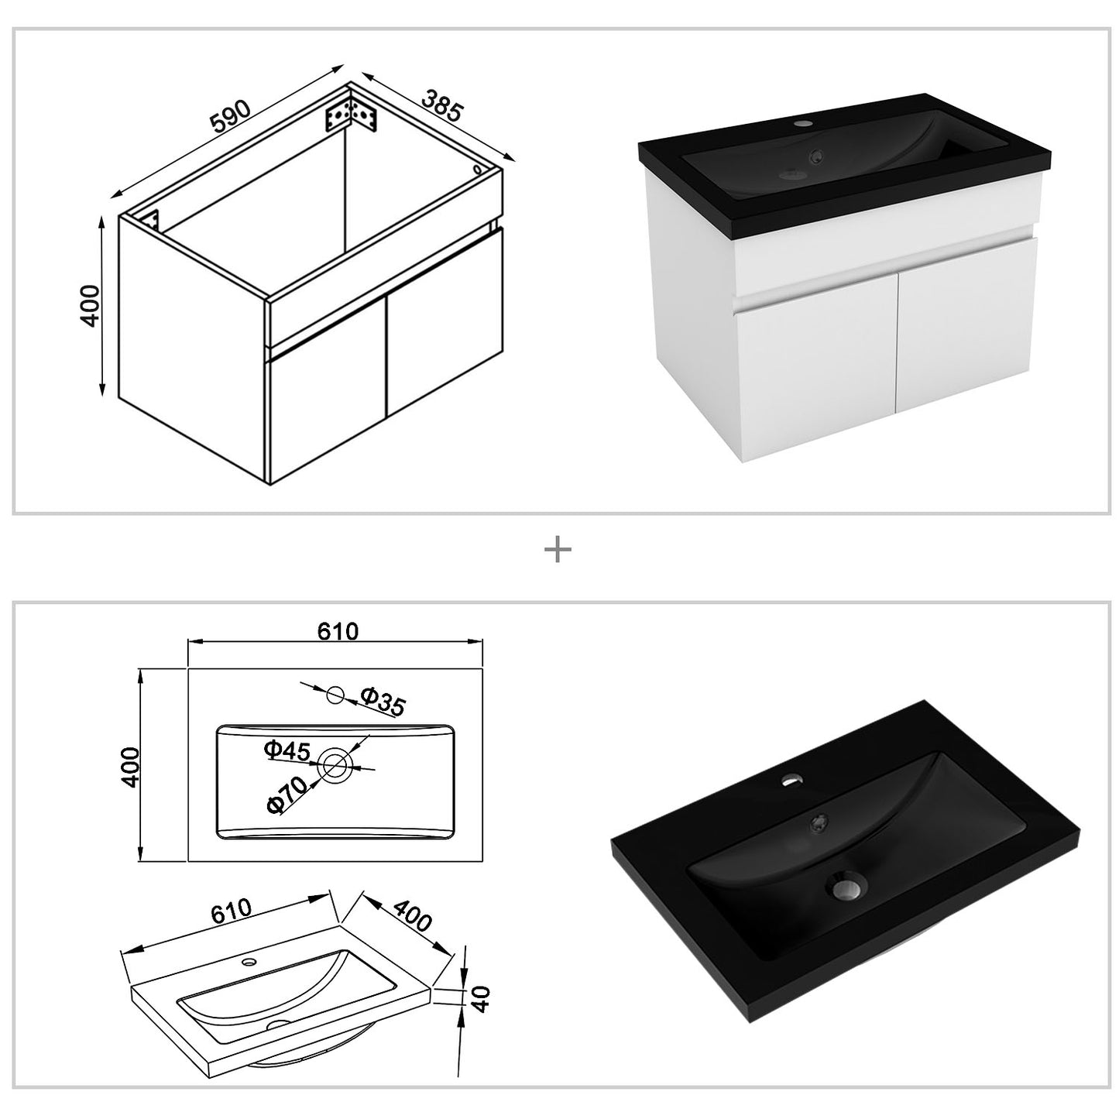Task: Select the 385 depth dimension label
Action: (442, 105)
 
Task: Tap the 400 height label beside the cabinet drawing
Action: (91, 305)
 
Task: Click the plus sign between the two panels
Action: (558, 551)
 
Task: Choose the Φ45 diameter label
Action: (287, 750)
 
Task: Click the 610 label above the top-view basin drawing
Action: (338, 632)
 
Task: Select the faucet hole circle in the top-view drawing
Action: (335, 695)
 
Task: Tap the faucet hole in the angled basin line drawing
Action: (249, 963)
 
